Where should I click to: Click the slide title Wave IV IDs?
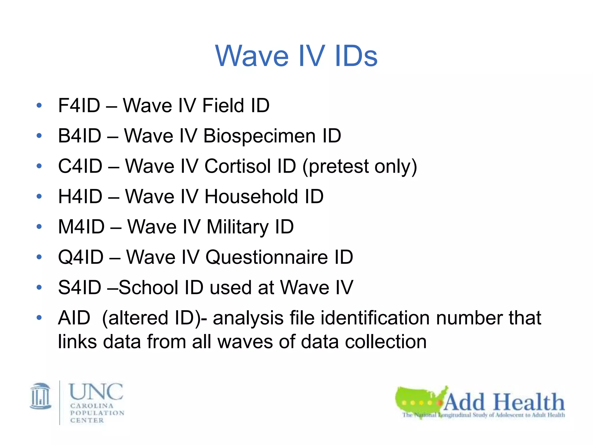point(296,56)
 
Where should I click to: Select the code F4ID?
point(79,105)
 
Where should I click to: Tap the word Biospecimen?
point(259,136)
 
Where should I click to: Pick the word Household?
point(251,197)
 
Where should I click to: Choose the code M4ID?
point(81,227)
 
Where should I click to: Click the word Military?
point(237,227)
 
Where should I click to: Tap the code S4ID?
point(80,288)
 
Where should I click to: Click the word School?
point(148,288)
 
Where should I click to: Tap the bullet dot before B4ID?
point(39,136)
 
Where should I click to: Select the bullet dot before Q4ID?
point(39,257)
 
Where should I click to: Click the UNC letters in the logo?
point(96,392)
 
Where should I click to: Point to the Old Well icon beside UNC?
point(41,396)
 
